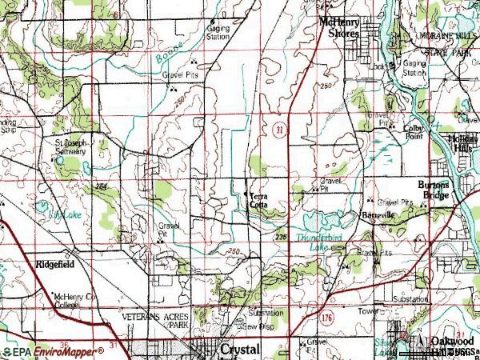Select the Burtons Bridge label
[434, 189]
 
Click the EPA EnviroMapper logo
[53, 351]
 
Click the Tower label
[368, 310]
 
